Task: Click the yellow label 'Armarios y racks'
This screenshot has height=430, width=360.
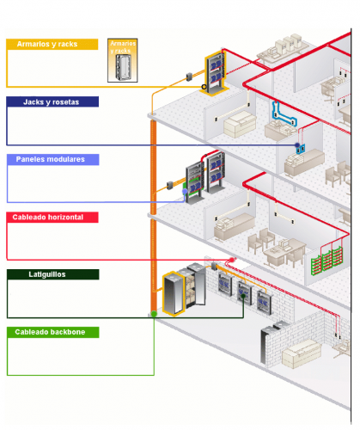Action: click(x=52, y=44)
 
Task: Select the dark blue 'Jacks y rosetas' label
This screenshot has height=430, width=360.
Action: click(x=52, y=101)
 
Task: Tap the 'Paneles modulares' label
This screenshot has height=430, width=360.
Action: click(x=52, y=159)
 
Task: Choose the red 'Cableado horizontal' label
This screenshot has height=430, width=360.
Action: click(x=52, y=218)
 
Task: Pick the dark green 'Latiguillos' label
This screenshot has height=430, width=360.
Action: click(x=52, y=274)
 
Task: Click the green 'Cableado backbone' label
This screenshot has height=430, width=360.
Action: click(x=52, y=332)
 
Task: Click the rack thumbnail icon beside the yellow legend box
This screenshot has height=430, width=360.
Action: click(x=122, y=60)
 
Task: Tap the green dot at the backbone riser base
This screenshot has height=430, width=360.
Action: click(x=154, y=314)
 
